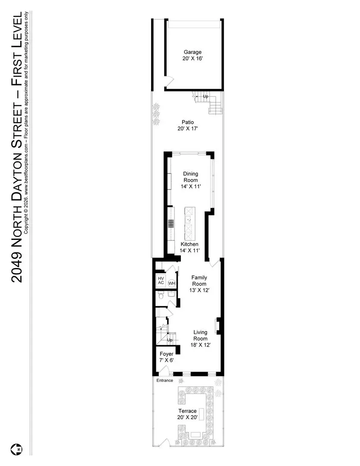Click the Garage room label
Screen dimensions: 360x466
tap(193, 52)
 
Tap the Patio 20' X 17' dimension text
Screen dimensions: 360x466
tap(188, 129)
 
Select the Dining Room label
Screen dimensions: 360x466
tap(190, 177)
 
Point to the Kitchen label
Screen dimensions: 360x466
tap(189, 244)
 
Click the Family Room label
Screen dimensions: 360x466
tap(199, 280)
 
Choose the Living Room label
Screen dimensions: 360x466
tap(200, 335)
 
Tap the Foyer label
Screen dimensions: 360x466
tap(167, 354)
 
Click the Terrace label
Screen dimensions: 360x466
tap(187, 411)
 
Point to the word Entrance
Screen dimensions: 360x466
tap(165, 381)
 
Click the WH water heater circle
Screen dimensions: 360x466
tap(172, 283)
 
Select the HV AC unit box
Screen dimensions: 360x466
tap(161, 280)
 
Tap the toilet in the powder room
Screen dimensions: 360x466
tap(161, 296)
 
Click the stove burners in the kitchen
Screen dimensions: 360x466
tap(171, 224)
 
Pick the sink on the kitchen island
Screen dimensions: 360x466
tap(189, 220)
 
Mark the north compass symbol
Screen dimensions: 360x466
tap(17, 449)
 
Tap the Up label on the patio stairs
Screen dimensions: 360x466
tap(205, 96)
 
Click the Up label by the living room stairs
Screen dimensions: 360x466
tap(170, 340)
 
